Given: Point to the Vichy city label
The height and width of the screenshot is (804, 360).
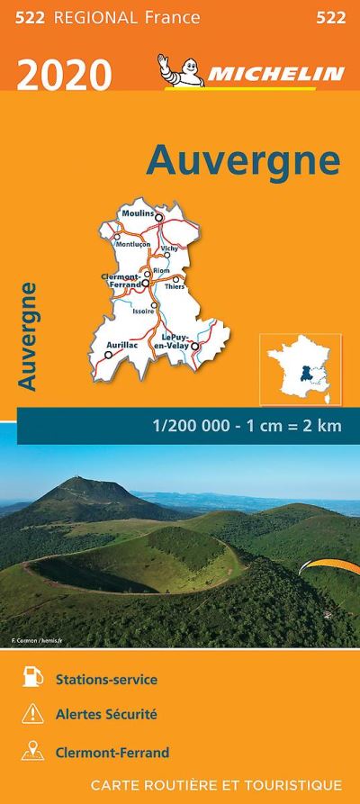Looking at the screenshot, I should [x=169, y=248].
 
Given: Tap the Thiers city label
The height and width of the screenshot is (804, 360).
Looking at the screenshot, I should [x=175, y=286].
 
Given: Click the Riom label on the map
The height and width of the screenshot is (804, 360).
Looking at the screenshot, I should [x=162, y=269].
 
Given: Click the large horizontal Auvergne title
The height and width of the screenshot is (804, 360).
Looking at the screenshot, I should [x=243, y=160].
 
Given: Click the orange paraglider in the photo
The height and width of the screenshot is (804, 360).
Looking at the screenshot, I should [x=318, y=566].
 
